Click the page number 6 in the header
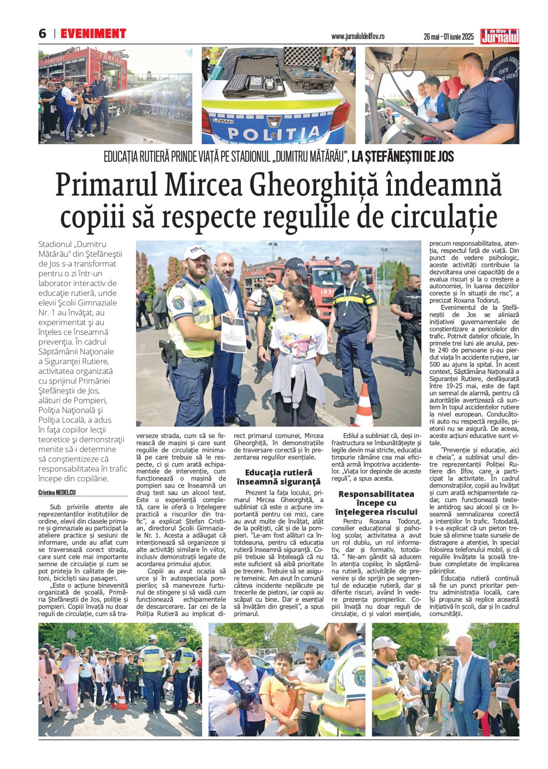(x=42, y=34)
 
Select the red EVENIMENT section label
(x=93, y=34)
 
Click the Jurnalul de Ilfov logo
(x=499, y=36)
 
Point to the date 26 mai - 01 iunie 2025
(x=448, y=37)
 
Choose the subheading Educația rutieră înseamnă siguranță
(x=278, y=477)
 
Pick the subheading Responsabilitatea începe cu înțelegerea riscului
(x=376, y=503)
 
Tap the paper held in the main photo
(x=233, y=334)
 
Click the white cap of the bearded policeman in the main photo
(x=197, y=252)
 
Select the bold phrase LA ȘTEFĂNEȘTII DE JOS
(x=403, y=157)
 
